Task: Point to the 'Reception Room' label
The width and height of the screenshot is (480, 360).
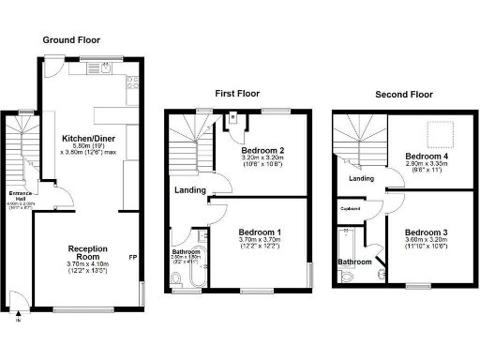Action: pos(89,253)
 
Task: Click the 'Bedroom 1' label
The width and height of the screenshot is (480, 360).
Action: pos(260,232)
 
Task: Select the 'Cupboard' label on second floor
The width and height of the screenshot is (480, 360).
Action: pos(352,209)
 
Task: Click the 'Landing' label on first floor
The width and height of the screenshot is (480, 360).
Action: pos(190,191)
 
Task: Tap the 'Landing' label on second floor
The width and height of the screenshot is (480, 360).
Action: pos(362,178)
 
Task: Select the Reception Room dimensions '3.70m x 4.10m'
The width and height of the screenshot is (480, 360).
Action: pos(89,265)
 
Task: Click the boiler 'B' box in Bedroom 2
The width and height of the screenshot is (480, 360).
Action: pos(232,119)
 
